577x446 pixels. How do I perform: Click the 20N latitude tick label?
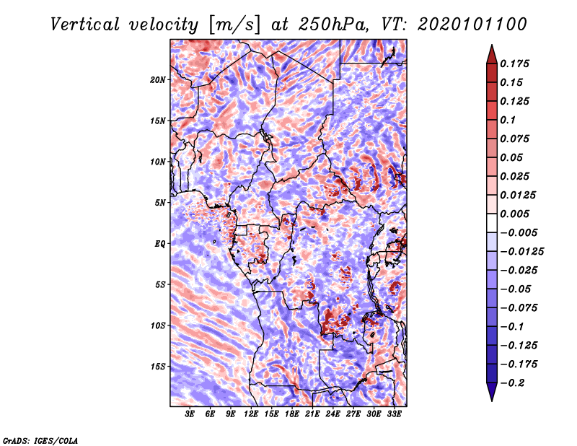(158, 79)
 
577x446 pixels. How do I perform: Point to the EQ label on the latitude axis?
(161, 244)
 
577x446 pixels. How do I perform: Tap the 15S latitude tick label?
(158, 366)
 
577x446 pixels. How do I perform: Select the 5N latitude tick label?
(160, 203)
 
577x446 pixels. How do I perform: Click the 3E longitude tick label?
(190, 414)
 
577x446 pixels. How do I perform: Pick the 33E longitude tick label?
(393, 414)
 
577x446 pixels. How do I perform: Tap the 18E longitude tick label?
(291, 414)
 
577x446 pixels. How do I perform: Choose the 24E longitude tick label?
(332, 414)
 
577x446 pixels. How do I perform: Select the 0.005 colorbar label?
(516, 214)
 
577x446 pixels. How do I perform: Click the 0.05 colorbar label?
(513, 157)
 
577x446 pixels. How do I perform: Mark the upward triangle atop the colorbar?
(490, 53)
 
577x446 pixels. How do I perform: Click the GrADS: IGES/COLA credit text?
(40, 440)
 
